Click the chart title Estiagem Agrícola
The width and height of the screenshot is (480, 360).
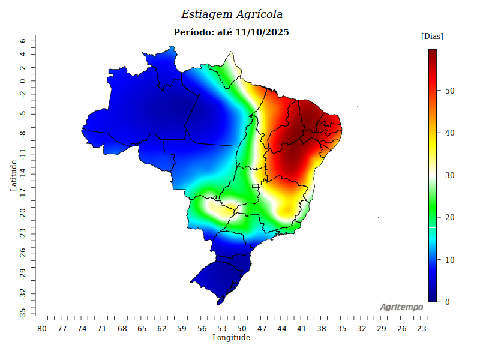coord(232,14)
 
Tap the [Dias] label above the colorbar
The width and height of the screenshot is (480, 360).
coord(432,37)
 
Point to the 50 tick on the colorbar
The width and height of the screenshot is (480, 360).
coord(449,91)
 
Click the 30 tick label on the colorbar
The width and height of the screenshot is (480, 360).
coord(449,175)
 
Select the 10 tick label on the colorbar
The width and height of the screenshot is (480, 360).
coord(449,260)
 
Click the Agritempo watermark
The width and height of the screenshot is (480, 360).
coord(401,307)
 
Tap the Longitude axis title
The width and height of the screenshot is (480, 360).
coord(231,338)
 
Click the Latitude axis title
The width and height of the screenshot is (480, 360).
coord(13,175)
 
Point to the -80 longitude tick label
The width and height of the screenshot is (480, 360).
coord(41,329)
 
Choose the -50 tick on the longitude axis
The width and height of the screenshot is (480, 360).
coord(241,329)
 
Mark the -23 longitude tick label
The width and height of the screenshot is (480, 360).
coord(421,329)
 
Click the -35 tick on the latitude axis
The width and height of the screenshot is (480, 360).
coord(22,313)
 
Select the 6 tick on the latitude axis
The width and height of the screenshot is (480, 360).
coord(22,41)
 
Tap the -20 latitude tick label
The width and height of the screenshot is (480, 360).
coord(22,214)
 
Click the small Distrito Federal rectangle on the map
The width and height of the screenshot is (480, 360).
coord(255,186)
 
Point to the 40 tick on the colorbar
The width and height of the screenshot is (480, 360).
coord(449,133)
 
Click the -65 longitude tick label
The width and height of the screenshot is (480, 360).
coord(141,329)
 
